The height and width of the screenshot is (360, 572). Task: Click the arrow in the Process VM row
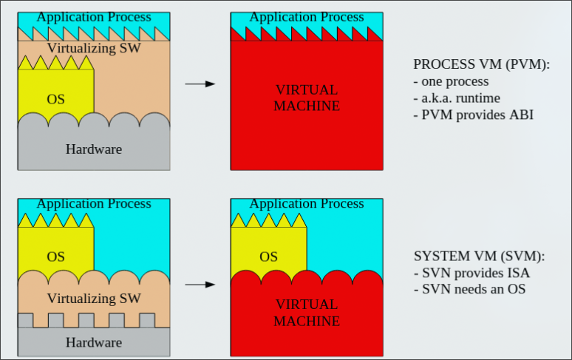tap(200, 84)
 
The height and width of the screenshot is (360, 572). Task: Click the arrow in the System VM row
tap(200, 284)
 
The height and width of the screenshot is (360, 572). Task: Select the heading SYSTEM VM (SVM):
tap(479, 257)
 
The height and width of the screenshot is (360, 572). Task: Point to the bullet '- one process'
tap(451, 81)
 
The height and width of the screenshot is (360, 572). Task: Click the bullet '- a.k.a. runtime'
tap(457, 98)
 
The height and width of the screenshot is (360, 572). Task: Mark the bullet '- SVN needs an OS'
tap(469, 289)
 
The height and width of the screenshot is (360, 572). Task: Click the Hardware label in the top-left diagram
tap(94, 149)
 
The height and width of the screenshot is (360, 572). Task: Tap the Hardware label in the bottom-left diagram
tap(94, 342)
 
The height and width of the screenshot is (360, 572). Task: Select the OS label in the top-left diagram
tap(56, 99)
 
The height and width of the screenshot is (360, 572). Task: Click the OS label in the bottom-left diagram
tap(56, 257)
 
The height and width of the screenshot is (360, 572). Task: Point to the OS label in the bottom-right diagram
tap(268, 257)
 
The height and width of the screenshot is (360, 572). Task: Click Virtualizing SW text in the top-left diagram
tap(94, 48)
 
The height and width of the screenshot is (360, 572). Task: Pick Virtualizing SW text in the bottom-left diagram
tap(94, 299)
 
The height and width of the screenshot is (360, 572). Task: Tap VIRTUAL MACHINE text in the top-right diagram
tap(307, 98)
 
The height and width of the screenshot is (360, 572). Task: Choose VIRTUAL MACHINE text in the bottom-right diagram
tap(307, 313)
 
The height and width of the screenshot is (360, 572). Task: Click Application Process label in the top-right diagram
tap(307, 17)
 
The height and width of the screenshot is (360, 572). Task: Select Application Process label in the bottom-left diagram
tap(94, 203)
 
